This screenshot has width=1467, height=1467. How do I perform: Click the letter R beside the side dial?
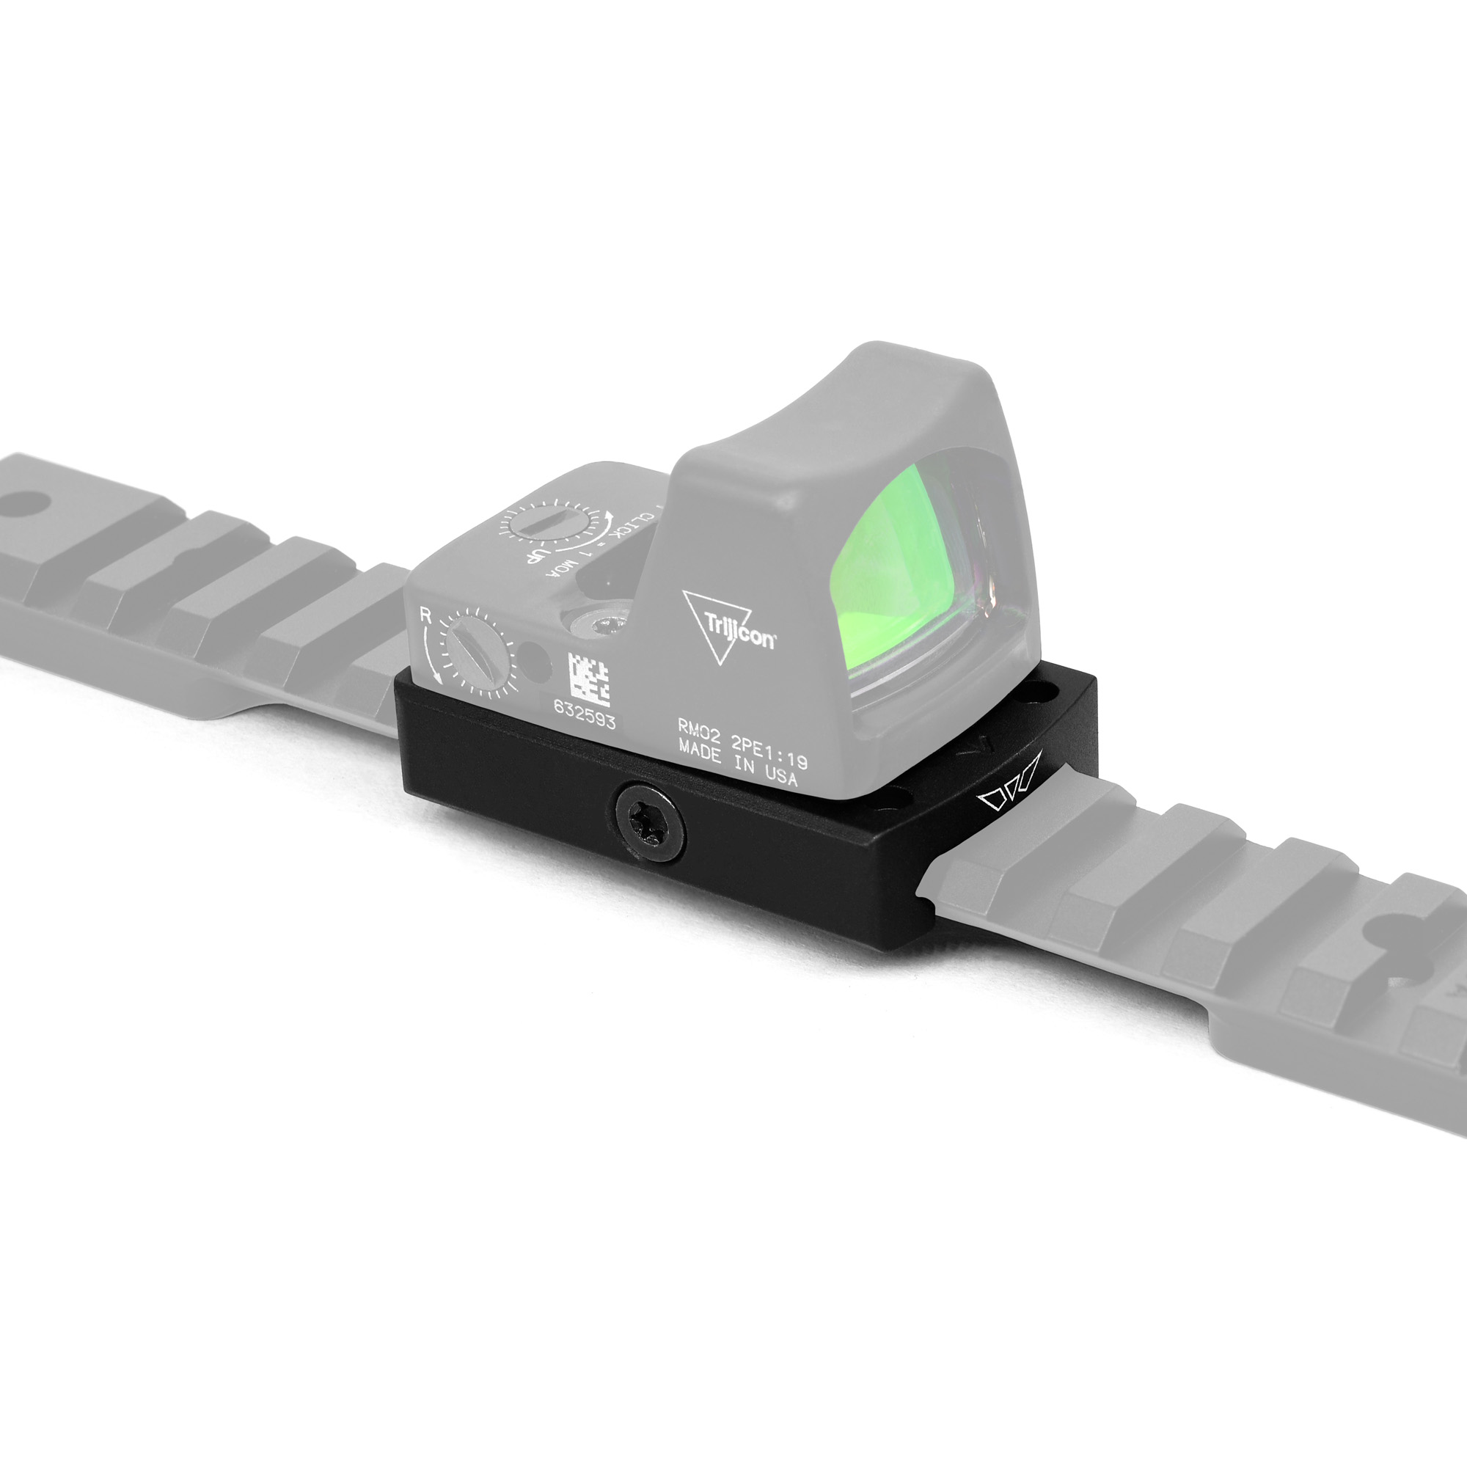[426, 617]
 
